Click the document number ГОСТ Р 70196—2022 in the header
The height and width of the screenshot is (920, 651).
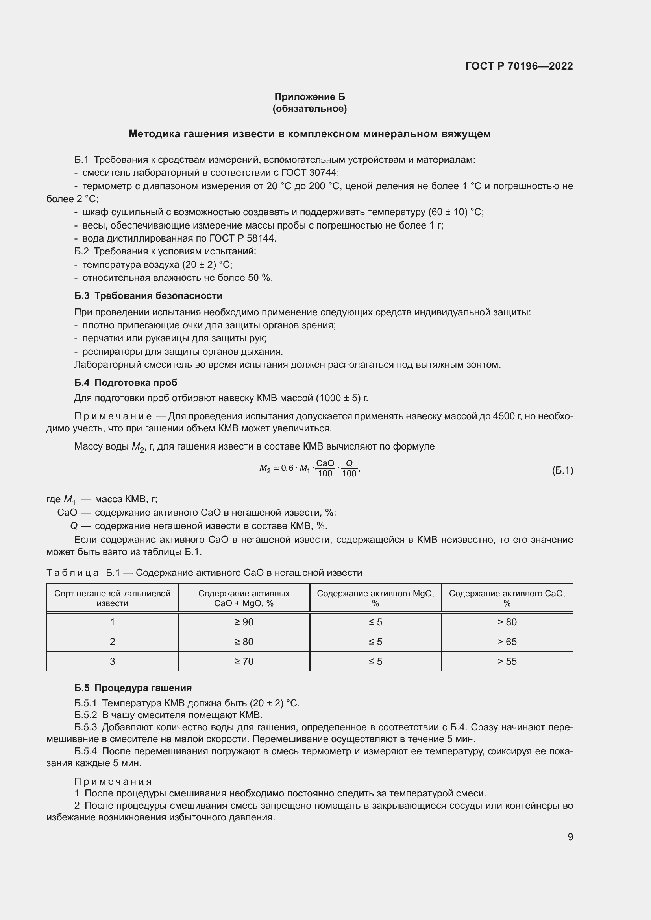[x=519, y=66]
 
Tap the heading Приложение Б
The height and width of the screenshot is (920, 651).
[x=309, y=97]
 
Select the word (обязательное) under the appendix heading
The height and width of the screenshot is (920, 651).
[x=309, y=109]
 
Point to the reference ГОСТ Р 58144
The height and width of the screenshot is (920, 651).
[x=242, y=238]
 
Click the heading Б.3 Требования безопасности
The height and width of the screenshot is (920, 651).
[x=148, y=296]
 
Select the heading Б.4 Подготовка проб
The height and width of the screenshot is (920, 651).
[x=126, y=382]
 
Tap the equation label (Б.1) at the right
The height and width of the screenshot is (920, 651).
[x=562, y=470]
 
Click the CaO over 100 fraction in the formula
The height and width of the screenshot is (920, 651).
[x=325, y=468]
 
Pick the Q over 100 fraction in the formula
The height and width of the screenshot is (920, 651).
[x=349, y=468]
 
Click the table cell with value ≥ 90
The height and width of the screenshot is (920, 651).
[x=244, y=622]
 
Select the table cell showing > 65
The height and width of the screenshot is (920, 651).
[x=507, y=642]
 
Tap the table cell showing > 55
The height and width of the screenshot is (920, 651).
[x=507, y=661]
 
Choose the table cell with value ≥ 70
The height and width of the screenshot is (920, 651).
[x=244, y=661]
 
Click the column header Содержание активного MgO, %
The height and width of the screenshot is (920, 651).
[x=375, y=598]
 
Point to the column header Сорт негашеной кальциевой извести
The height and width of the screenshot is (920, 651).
[x=112, y=598]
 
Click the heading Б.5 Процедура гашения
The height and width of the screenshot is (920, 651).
[x=133, y=688]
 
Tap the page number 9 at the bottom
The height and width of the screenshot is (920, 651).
[x=570, y=837]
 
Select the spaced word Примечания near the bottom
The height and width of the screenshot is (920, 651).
[x=113, y=782]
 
